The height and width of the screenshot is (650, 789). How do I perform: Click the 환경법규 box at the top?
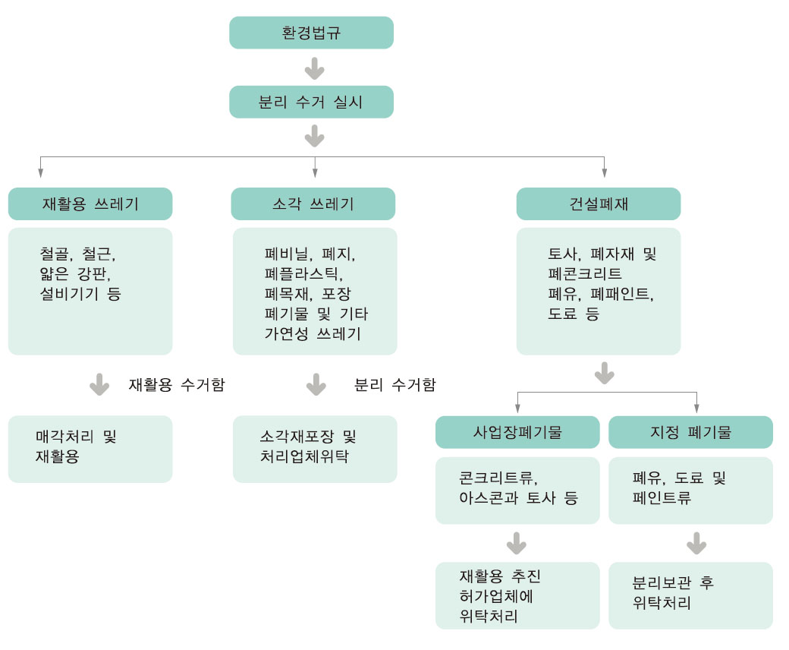(x=311, y=33)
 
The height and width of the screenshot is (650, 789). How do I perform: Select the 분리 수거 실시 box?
(x=311, y=102)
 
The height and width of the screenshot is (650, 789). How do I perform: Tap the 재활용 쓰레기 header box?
(x=90, y=204)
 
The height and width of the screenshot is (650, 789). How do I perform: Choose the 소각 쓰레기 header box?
(x=313, y=204)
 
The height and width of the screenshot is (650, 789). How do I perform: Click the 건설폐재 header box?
(x=599, y=204)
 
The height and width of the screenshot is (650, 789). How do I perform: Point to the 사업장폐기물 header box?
(x=517, y=432)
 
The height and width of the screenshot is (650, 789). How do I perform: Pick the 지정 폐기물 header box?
(x=690, y=432)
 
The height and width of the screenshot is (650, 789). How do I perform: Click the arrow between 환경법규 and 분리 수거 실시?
(x=314, y=69)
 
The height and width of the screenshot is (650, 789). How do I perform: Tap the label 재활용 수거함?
(x=177, y=385)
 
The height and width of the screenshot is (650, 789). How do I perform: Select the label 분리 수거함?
(x=395, y=385)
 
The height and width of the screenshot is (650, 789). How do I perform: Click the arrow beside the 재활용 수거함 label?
(x=99, y=384)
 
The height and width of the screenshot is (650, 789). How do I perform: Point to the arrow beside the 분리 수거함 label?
(x=316, y=384)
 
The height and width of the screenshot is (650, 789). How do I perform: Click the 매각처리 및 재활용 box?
(x=90, y=448)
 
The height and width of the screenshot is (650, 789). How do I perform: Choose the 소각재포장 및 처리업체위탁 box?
(x=314, y=448)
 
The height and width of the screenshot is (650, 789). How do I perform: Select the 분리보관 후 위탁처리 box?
(x=690, y=595)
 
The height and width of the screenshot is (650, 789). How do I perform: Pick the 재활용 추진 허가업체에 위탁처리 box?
(x=517, y=595)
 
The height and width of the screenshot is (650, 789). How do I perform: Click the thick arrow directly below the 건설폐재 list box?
(x=605, y=374)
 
